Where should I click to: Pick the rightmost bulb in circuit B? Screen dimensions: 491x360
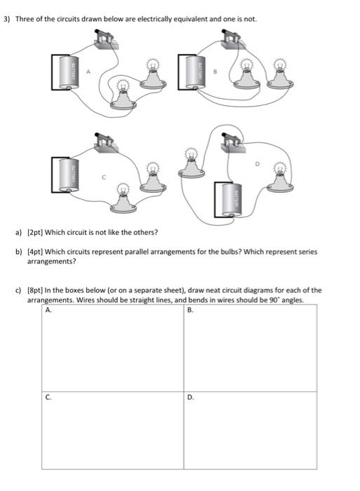(x=280, y=74)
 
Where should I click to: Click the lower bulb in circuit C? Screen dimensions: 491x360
(x=124, y=196)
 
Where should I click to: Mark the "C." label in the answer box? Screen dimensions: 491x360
(x=48, y=396)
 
